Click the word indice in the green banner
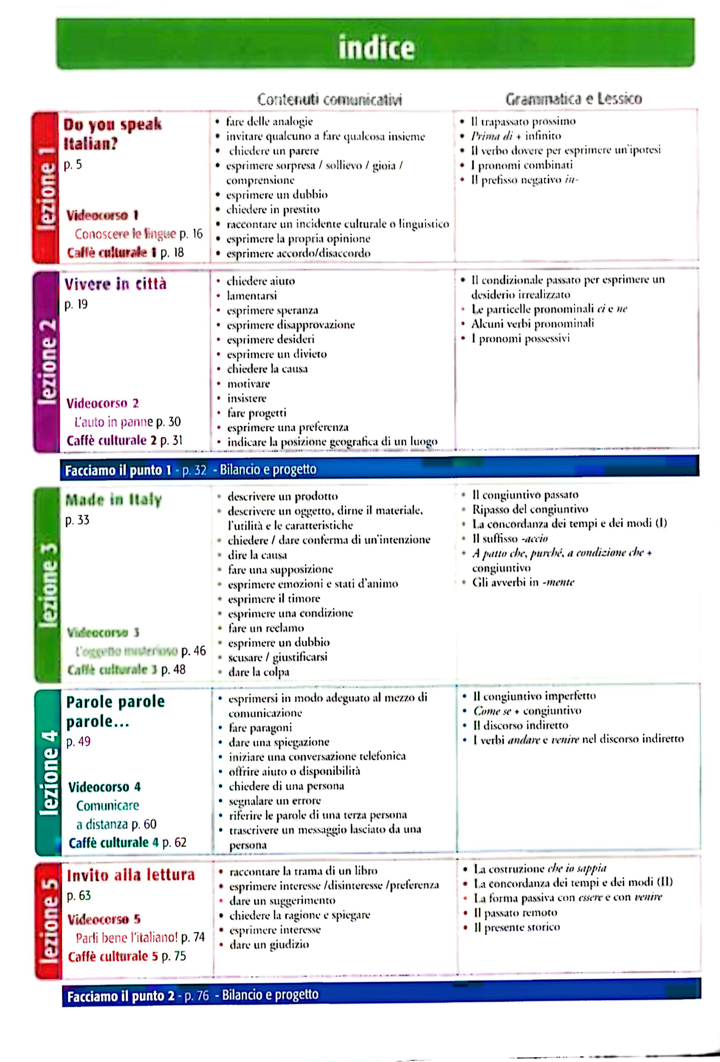tap(376, 48)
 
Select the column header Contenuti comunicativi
tap(329, 99)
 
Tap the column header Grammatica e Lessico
tap(574, 99)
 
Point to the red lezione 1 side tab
tap(46, 187)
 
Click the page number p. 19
tap(76, 304)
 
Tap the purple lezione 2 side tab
tap(47, 361)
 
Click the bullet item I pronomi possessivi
tap(520, 339)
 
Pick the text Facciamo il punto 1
tap(118, 470)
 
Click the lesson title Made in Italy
tap(113, 500)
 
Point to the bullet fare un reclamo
tap(266, 628)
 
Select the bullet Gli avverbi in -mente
tap(523, 582)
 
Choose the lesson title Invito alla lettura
tap(131, 875)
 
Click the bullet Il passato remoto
tap(515, 913)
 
